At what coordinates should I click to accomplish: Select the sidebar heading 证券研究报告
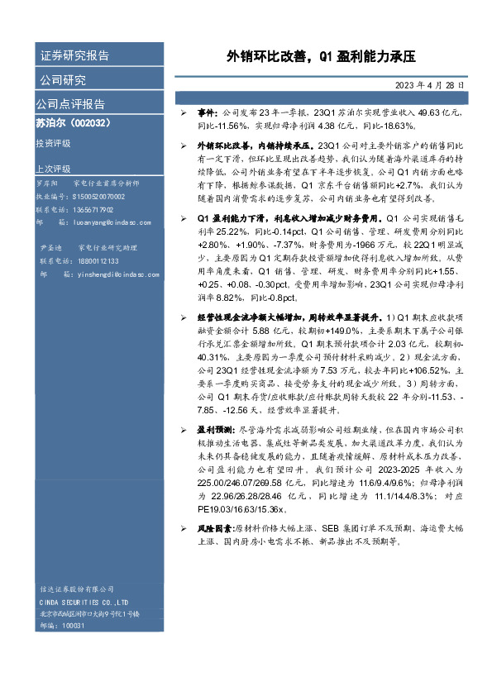click(x=74, y=56)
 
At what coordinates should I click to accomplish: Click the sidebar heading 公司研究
click(x=63, y=80)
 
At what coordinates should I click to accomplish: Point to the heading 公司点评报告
click(x=70, y=104)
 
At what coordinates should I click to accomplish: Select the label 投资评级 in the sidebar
click(x=54, y=144)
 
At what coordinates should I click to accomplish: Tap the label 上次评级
click(x=54, y=168)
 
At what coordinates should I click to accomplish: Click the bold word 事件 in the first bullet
click(x=206, y=112)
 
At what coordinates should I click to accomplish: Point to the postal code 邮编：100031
click(x=62, y=626)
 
